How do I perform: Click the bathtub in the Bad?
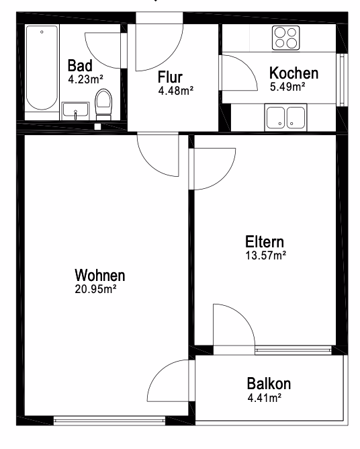[42, 69]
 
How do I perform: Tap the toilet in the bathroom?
[103, 104]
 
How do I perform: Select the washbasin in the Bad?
[75, 111]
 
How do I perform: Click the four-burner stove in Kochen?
[286, 38]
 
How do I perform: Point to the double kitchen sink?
[285, 118]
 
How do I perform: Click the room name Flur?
[170, 77]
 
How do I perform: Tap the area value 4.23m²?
[85, 79]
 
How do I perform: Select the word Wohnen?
[100, 275]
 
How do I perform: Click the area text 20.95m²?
[95, 289]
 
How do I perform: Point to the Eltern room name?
[265, 242]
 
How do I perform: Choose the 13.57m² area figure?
[266, 255]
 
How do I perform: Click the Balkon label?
[269, 384]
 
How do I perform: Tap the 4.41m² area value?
[265, 398]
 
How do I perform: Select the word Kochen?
[294, 73]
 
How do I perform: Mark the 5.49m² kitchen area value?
[287, 87]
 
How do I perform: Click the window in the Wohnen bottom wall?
[109, 421]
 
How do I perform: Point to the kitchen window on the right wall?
[342, 80]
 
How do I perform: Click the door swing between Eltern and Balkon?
[234, 325]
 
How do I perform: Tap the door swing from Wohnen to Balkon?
[169, 380]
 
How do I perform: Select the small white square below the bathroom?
[97, 126]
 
